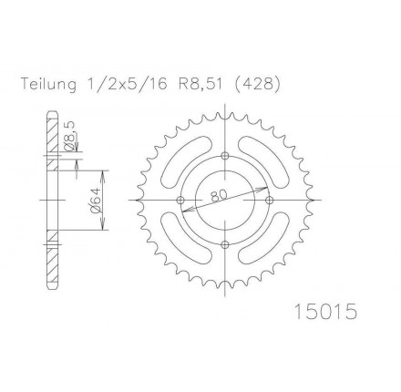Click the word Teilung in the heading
point(48,85)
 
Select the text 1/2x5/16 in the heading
point(125,84)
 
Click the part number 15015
point(326,312)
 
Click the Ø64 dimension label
point(95,201)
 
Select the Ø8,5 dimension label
point(69,135)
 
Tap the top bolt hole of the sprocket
point(225,156)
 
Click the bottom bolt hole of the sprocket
point(225,244)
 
